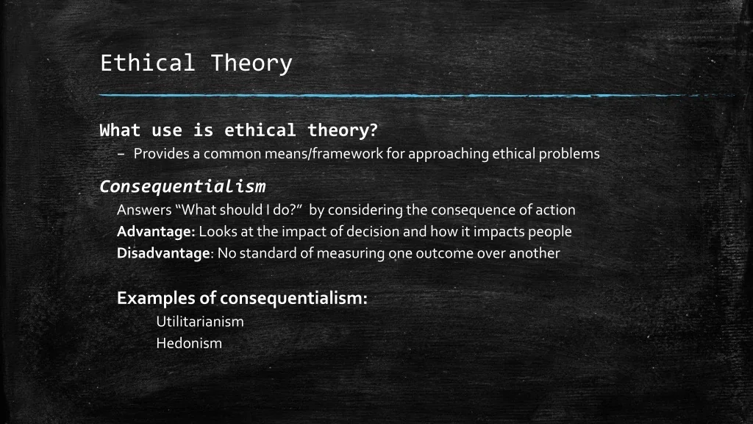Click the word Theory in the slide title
click(251, 64)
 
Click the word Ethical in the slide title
click(147, 63)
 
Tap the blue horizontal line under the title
click(417, 96)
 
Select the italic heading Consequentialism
click(182, 186)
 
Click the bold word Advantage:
click(156, 232)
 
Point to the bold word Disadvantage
click(163, 253)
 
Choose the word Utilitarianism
click(200, 322)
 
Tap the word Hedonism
click(189, 343)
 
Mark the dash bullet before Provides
click(121, 155)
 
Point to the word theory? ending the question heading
click(343, 130)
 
